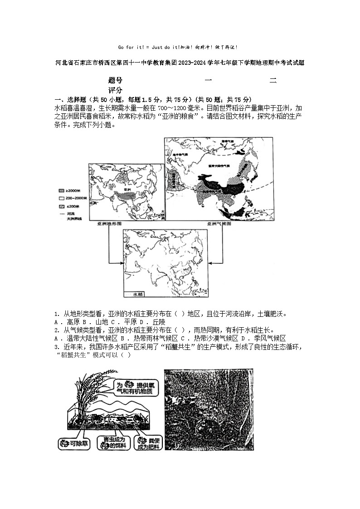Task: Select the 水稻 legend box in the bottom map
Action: (137, 294)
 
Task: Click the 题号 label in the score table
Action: (115, 81)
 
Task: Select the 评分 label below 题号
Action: (115, 90)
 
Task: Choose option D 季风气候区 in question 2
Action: (267, 338)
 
